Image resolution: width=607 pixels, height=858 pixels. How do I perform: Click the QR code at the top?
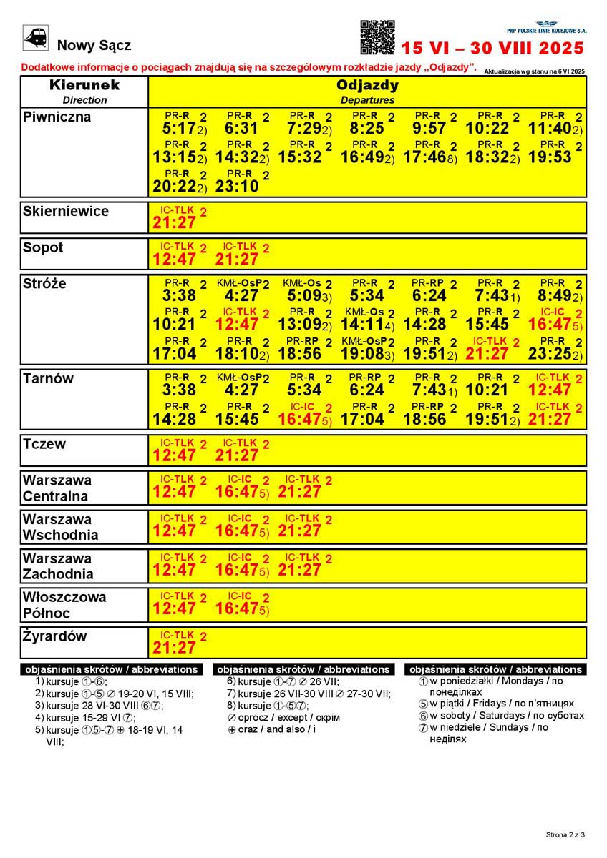377,38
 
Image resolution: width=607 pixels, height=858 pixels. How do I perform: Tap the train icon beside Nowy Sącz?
36,38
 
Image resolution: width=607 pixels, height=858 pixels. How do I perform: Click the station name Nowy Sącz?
94,46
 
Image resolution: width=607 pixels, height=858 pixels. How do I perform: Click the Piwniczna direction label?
57,117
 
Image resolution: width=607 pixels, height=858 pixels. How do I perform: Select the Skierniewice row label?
66,212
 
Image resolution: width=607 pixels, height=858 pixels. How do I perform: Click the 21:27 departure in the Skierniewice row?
174,223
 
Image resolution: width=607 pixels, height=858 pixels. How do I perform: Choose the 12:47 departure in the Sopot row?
174,259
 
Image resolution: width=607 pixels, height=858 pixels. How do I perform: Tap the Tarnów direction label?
48,379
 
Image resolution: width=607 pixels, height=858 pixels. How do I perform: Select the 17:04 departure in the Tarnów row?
362,419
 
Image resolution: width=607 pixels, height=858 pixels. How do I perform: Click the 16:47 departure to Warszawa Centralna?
237,492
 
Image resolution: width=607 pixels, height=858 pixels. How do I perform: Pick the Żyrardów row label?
54,636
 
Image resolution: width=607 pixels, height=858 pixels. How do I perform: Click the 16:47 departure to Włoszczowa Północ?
237,608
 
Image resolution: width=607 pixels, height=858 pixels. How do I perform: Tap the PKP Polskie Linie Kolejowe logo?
546,28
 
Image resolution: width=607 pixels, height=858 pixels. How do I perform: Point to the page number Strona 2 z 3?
565,834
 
